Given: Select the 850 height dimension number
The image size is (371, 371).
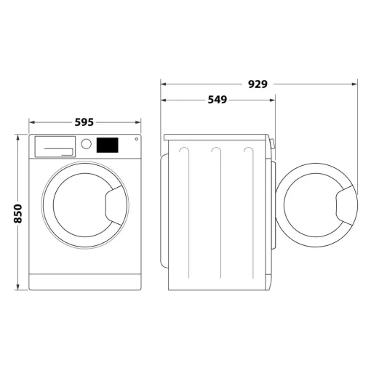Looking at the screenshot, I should point(18,212).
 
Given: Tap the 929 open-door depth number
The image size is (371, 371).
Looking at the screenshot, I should point(258,84).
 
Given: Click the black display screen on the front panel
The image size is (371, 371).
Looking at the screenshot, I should point(107,145).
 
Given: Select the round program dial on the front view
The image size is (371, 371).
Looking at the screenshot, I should point(87,144).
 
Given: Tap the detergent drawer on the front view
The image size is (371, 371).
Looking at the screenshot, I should point(55,145).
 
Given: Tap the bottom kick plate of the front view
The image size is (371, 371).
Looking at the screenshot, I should point(85,282).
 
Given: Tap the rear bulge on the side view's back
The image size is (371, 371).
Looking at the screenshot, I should point(163,211).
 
